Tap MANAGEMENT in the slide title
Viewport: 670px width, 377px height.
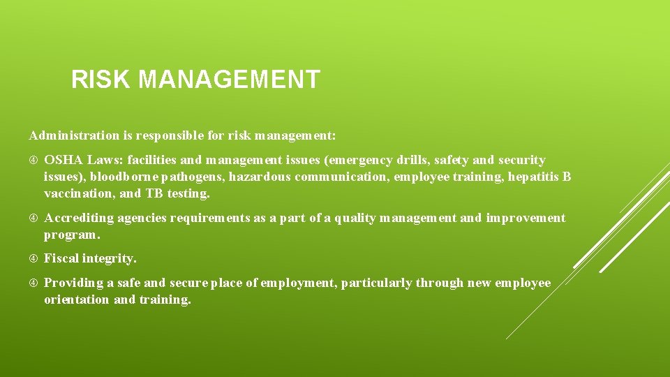229,80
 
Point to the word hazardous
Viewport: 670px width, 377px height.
260,177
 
